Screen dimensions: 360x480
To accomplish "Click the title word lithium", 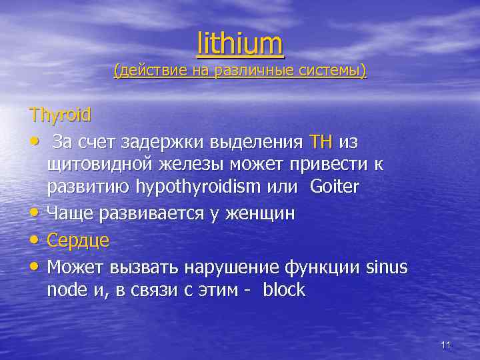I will pos(240,44).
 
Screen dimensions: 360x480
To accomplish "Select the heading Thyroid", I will pos(60,114).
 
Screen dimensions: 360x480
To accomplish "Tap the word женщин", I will pos(259,214).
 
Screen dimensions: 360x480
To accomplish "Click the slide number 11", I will pos(446,345).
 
